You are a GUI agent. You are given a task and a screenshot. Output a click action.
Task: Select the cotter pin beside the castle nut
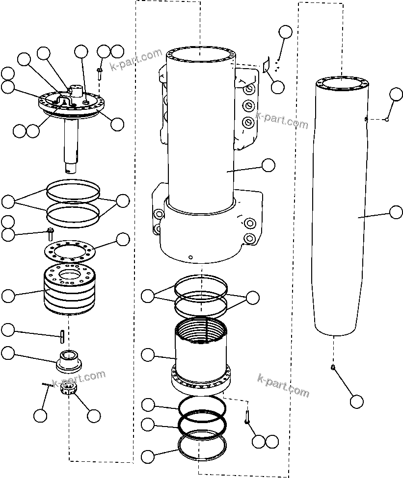pyautogui.click(x=47, y=385)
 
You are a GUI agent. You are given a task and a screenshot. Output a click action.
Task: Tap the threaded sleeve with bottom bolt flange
pyautogui.click(x=201, y=358)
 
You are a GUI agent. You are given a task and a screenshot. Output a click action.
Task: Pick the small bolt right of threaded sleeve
pyautogui.click(x=246, y=416)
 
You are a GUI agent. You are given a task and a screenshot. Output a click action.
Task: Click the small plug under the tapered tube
pyautogui.click(x=333, y=368)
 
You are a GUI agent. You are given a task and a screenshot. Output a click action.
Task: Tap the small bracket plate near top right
pyautogui.click(x=267, y=65)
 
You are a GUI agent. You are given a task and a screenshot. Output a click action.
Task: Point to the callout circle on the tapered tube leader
pyautogui.click(x=396, y=212)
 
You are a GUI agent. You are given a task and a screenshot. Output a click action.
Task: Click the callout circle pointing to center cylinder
pyautogui.click(x=268, y=165)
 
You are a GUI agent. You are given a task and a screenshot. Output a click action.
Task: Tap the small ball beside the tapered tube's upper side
pyautogui.click(x=386, y=119)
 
